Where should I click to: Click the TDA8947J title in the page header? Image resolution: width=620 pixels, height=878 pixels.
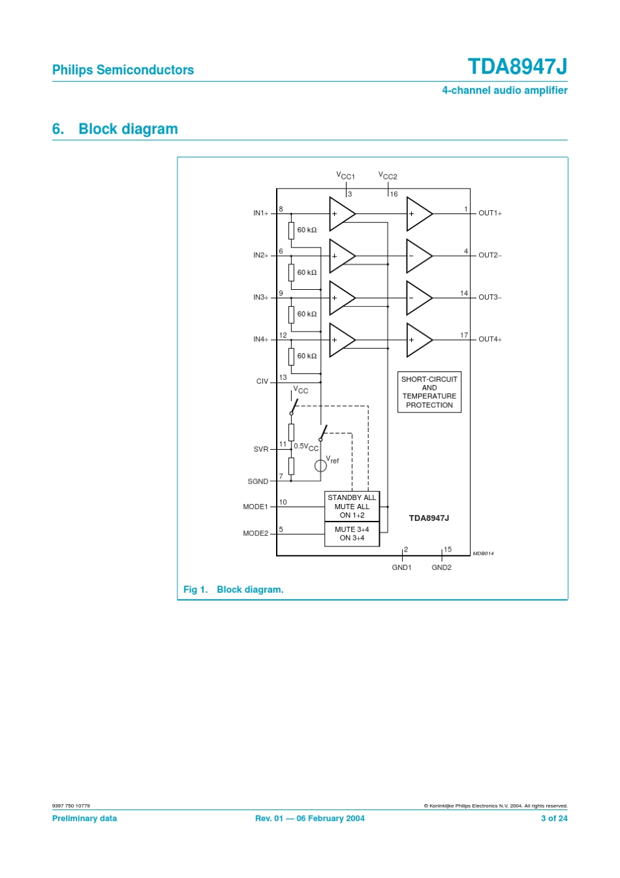pos(517,67)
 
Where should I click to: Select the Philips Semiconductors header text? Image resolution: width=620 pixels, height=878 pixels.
pos(123,70)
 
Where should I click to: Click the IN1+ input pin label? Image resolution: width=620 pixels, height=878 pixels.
pos(260,213)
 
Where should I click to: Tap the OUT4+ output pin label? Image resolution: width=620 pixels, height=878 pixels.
pos(490,339)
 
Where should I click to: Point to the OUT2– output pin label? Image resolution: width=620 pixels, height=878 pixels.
pos(490,255)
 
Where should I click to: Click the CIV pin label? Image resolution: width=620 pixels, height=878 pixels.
pos(262,382)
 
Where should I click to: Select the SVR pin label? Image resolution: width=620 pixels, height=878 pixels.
pos(261,450)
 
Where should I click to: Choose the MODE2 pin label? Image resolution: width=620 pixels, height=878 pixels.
pos(255,533)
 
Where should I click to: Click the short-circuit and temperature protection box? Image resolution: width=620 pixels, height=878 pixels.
pos(429,392)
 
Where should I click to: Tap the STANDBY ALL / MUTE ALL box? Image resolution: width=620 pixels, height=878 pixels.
pos(352,507)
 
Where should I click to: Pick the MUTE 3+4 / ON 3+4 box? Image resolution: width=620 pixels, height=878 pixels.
pos(352,534)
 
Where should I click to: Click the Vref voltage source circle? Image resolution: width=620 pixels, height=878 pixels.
pos(320,465)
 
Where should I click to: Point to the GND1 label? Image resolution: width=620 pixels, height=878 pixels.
pos(401,568)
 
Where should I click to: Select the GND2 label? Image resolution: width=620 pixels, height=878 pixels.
pos(441,568)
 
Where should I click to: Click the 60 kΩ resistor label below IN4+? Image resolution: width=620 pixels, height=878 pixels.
pos(307,356)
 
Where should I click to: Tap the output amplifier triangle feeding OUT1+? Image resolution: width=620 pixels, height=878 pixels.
pos(418,214)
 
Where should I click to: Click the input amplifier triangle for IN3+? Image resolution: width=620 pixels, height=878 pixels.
pos(341,298)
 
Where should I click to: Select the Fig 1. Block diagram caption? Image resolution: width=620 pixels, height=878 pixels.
pos(233,589)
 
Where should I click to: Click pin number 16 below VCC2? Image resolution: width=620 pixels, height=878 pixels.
pos(394,195)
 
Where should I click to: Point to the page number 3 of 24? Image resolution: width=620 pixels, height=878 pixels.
pos(554,819)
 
